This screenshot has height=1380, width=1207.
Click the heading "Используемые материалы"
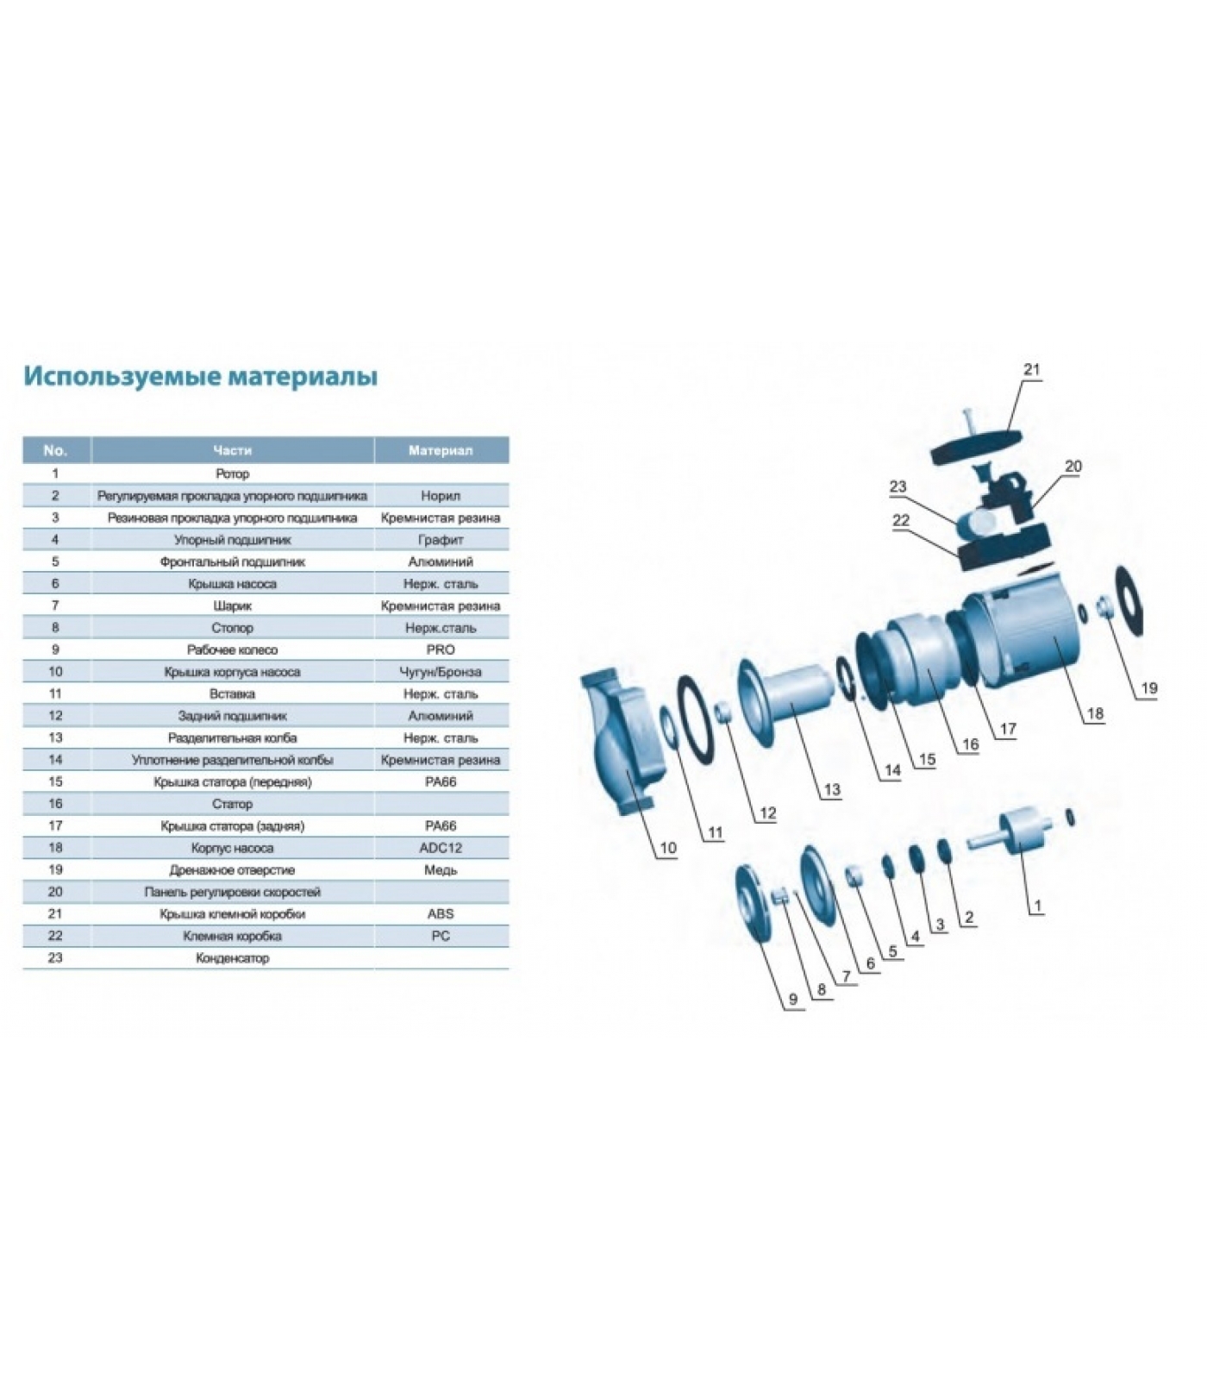pyautogui.click(x=200, y=377)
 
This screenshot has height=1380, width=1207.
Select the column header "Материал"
pyautogui.click(x=441, y=450)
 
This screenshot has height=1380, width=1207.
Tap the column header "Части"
pyautogui.click(x=232, y=450)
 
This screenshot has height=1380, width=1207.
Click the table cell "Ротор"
pyautogui.click(x=232, y=474)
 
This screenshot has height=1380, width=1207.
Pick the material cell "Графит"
pyautogui.click(x=441, y=540)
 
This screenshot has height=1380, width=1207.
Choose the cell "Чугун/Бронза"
pyautogui.click(x=441, y=672)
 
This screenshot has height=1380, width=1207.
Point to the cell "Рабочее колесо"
pyautogui.click(x=232, y=649)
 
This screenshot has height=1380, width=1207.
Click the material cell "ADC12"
pyautogui.click(x=441, y=848)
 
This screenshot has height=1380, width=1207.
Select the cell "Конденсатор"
pyautogui.click(x=232, y=958)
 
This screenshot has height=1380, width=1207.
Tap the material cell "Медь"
pyautogui.click(x=441, y=870)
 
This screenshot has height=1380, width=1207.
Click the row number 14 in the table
pyautogui.click(x=55, y=760)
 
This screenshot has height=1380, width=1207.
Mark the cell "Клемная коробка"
pyautogui.click(x=232, y=936)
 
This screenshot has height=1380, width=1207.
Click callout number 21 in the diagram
pyautogui.click(x=1032, y=369)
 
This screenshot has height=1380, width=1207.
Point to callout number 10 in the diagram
pyautogui.click(x=668, y=848)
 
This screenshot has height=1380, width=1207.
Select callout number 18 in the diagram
pyautogui.click(x=1095, y=713)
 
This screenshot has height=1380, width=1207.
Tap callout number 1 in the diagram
pyautogui.click(x=1037, y=906)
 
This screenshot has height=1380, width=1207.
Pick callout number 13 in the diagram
pyautogui.click(x=831, y=789)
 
